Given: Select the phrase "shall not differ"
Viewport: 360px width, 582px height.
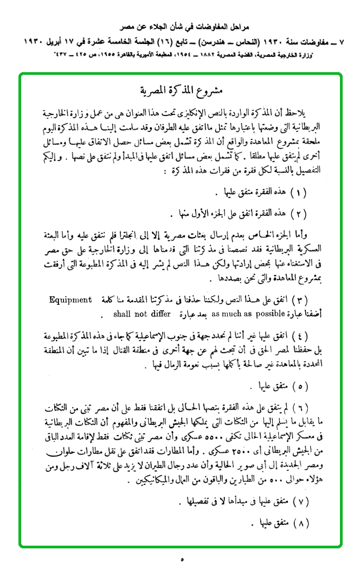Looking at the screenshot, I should [142, 314].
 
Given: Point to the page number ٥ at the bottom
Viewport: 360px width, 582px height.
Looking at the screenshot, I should [182, 559].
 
